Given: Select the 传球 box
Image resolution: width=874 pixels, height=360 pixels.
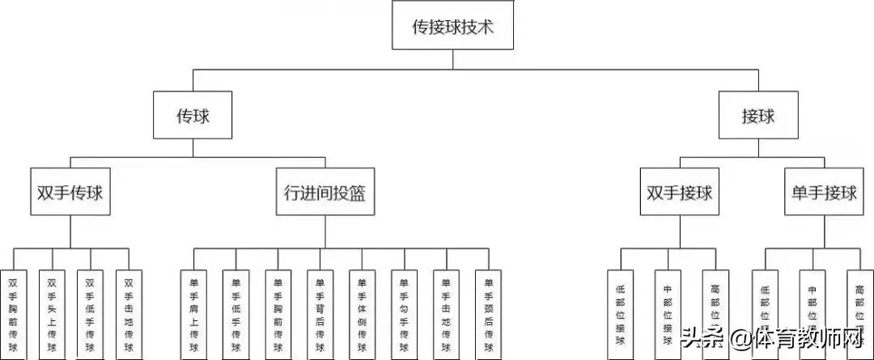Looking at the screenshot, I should tap(193, 116).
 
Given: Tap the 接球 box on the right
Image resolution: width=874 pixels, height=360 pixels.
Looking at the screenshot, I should tap(758, 116).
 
